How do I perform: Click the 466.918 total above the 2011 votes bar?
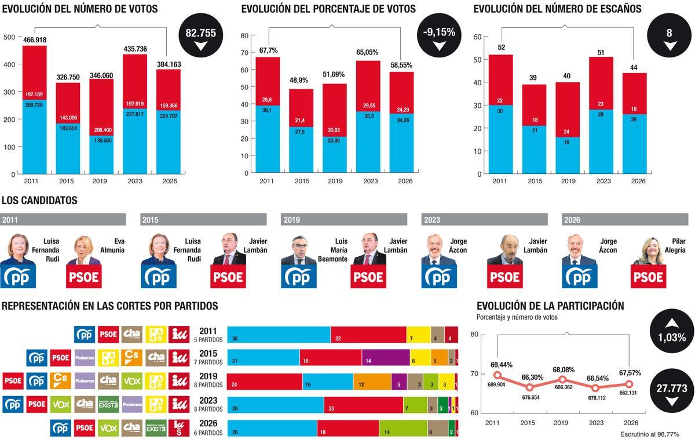pyautogui.click(x=35, y=40)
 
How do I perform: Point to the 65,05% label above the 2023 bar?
pyautogui.click(x=368, y=52)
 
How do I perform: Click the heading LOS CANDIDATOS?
pyautogui.click(x=39, y=201)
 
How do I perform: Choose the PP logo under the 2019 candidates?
pyautogui.click(x=299, y=277)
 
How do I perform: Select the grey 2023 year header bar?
pyautogui.click(x=484, y=220)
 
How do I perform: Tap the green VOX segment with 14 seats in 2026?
pyautogui.click(x=403, y=428)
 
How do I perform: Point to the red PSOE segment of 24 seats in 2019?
pyautogui.click(x=265, y=381)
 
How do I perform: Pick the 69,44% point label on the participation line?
pyautogui.click(x=502, y=365)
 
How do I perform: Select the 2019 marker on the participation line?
pyautogui.click(x=562, y=379)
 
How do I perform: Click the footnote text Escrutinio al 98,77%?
pyautogui.click(x=649, y=434)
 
